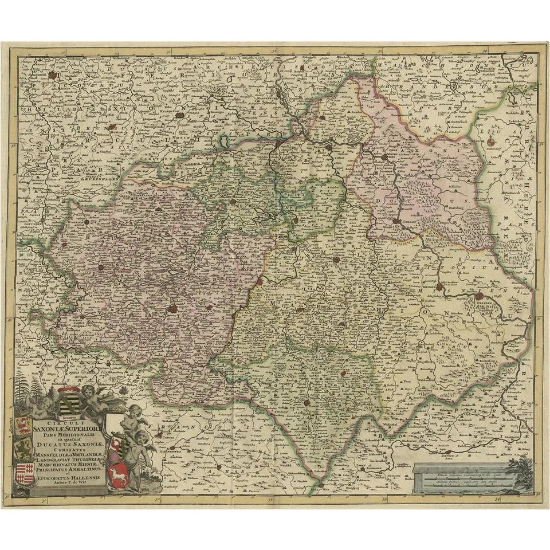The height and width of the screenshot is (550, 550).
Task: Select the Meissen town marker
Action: [x=439, y=286]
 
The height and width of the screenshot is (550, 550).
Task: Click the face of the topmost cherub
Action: [x=87, y=392]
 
